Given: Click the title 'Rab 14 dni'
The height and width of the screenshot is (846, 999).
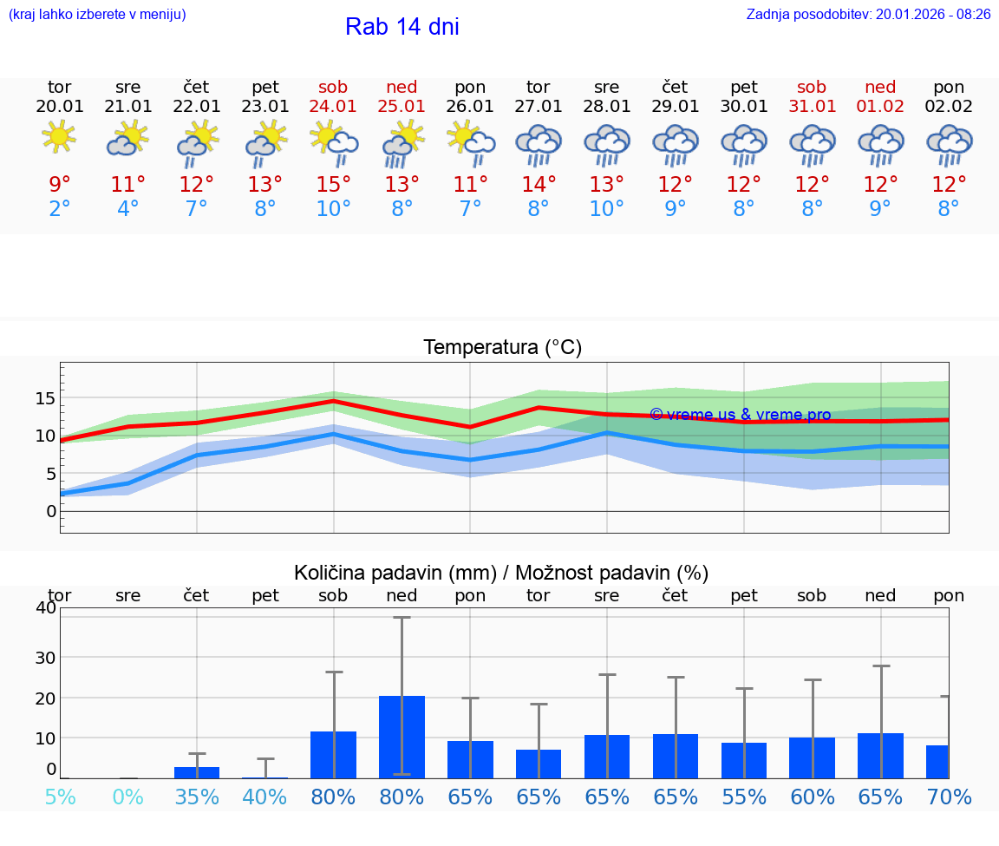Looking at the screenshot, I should click(x=402, y=27).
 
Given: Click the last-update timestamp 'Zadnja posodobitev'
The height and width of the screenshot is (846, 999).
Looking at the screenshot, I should click(x=868, y=14).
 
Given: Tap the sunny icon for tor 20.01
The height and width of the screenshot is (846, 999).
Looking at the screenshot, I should click(x=59, y=136).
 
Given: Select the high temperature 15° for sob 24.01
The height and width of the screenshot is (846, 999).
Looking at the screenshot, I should click(x=333, y=184).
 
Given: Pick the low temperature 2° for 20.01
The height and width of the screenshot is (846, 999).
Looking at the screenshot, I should click(x=59, y=208).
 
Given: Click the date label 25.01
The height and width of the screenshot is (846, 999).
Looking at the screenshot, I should click(x=402, y=106).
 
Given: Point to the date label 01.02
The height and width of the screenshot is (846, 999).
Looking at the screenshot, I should click(x=880, y=106).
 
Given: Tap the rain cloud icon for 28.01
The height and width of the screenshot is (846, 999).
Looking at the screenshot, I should click(x=606, y=144).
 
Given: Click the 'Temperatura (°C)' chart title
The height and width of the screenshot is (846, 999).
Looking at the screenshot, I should click(x=502, y=347).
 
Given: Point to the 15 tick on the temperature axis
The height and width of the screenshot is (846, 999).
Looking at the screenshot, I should click(x=45, y=398).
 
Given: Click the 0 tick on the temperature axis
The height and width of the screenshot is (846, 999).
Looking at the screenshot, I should click(x=51, y=511).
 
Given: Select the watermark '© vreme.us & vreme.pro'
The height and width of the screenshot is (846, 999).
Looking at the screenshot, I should click(x=740, y=415).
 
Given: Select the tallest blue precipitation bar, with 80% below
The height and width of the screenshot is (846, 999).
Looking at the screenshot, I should click(x=402, y=737).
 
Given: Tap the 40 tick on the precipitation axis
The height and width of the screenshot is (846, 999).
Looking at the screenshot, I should click(x=45, y=607).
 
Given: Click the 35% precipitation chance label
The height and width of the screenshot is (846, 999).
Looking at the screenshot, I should click(x=196, y=797).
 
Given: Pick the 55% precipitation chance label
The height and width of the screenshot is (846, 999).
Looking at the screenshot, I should click(x=743, y=797).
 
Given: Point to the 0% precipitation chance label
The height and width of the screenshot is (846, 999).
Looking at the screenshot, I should click(x=127, y=797).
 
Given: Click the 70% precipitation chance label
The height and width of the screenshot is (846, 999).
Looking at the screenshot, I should click(x=949, y=797).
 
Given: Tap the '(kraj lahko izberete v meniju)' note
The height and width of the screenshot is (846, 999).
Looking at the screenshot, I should click(x=97, y=14).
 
